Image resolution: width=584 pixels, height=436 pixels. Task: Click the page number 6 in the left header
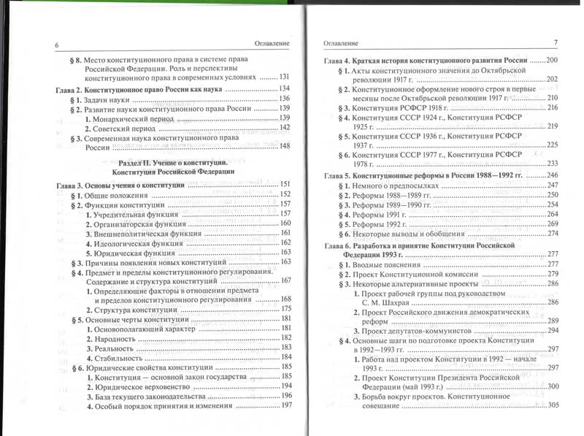click(x=55, y=45)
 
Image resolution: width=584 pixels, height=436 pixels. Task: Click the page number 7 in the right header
click(x=556, y=42)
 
